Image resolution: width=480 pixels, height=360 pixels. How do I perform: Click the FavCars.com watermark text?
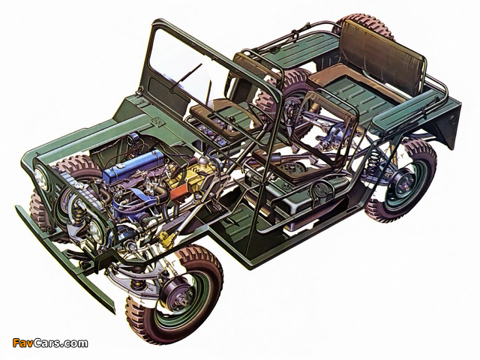coord(50,343)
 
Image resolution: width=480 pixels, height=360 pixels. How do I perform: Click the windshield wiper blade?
coord(186,77)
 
